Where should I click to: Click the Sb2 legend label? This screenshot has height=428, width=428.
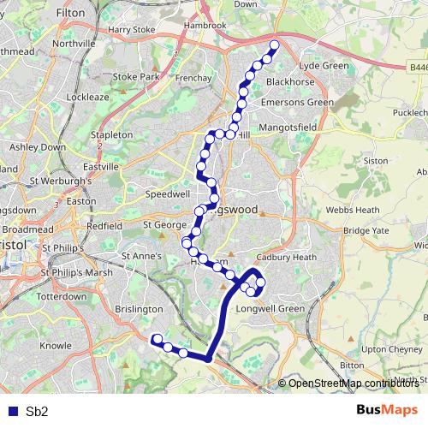37,411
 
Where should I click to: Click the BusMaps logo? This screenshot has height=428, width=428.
388,410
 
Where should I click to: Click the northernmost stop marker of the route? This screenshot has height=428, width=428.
275,45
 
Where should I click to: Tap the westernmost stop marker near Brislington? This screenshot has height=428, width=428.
157,339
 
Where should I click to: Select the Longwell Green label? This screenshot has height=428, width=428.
270,308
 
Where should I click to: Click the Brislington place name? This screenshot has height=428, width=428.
137,308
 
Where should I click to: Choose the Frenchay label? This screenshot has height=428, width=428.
194,78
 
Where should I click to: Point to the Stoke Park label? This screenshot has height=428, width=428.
137,76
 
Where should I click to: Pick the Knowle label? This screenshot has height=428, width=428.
56,346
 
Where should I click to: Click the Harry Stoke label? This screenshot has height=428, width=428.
126,29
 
